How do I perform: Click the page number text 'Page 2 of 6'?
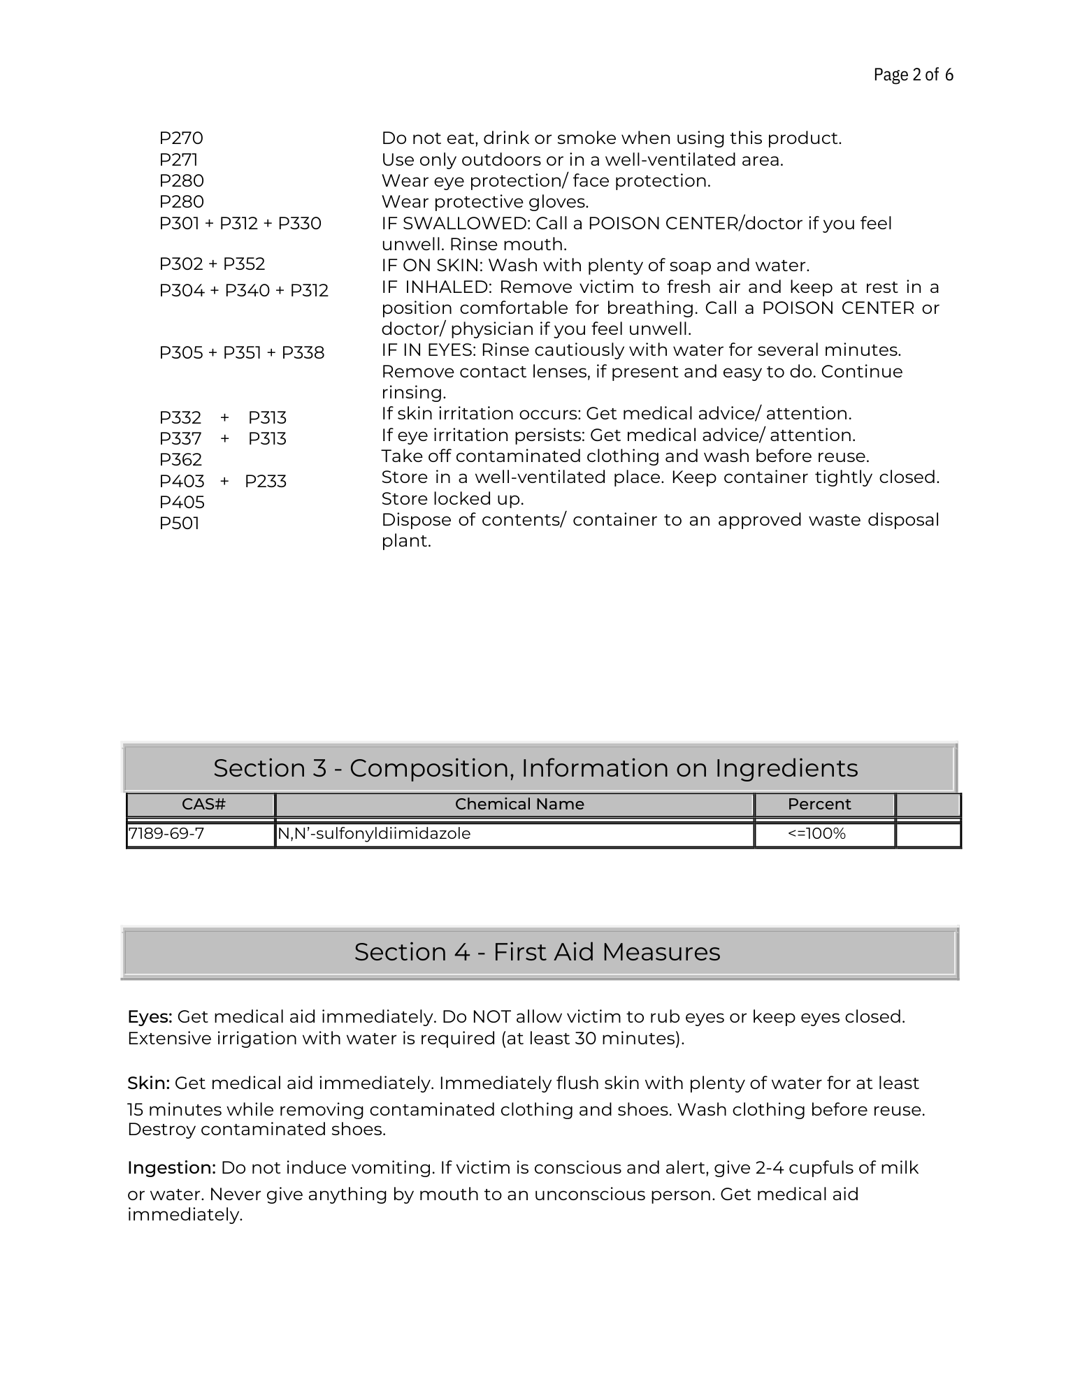click(x=913, y=75)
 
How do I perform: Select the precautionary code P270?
click(x=181, y=138)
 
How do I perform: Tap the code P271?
click(x=178, y=159)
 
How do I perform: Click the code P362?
click(x=180, y=459)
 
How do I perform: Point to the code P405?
click(x=182, y=502)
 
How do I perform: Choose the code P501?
click(x=179, y=523)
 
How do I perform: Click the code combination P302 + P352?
click(x=212, y=264)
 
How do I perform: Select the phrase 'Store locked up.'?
click(x=452, y=498)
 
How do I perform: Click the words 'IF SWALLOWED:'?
click(x=456, y=224)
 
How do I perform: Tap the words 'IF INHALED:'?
click(x=437, y=287)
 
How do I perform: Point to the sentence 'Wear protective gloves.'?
click(x=485, y=202)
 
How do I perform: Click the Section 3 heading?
click(x=535, y=768)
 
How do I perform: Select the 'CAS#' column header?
click(x=203, y=804)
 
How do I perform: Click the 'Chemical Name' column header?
click(x=519, y=804)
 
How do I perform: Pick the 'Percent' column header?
click(x=819, y=804)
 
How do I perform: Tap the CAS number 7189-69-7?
click(x=166, y=833)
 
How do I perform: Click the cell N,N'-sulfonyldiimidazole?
click(x=375, y=833)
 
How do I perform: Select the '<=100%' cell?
click(x=816, y=833)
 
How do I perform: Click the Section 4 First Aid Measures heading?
click(x=537, y=951)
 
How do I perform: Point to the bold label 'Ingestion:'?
click(x=171, y=1167)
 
